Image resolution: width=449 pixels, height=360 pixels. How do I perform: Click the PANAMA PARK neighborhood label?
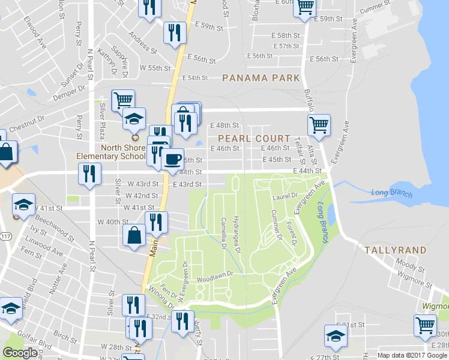(x=261, y=78)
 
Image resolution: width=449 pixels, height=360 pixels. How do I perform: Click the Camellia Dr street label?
(x=223, y=233)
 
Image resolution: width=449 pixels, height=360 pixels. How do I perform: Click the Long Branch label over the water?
(x=391, y=193)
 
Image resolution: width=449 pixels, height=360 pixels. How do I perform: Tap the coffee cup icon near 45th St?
(x=172, y=159)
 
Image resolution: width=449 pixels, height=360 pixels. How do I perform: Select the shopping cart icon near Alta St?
(x=319, y=125)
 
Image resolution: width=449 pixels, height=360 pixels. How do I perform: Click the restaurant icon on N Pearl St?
(x=89, y=175)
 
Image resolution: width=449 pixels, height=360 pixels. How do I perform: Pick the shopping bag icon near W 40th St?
(x=134, y=235)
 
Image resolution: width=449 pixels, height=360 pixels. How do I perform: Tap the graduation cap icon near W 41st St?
(x=23, y=205)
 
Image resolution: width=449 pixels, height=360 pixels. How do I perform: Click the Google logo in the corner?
(x=20, y=353)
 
